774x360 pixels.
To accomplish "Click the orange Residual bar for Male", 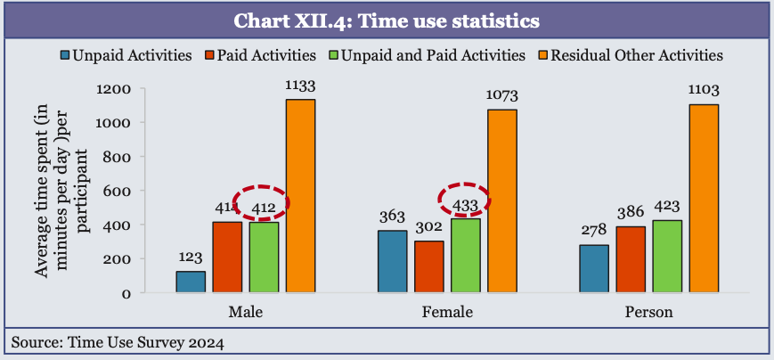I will click(300, 196).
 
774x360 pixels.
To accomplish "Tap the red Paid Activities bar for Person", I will click(630, 259).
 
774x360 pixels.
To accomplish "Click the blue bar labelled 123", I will click(191, 282).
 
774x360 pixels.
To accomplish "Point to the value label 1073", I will click(502, 94).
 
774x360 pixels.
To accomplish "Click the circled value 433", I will click(466, 204).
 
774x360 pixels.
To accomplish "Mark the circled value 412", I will click(264, 206).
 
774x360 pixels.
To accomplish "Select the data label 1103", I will click(704, 90).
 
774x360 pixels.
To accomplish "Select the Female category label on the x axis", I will click(448, 313).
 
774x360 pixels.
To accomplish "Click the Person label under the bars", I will click(649, 313).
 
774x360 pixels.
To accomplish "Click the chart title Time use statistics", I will click(387, 19).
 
